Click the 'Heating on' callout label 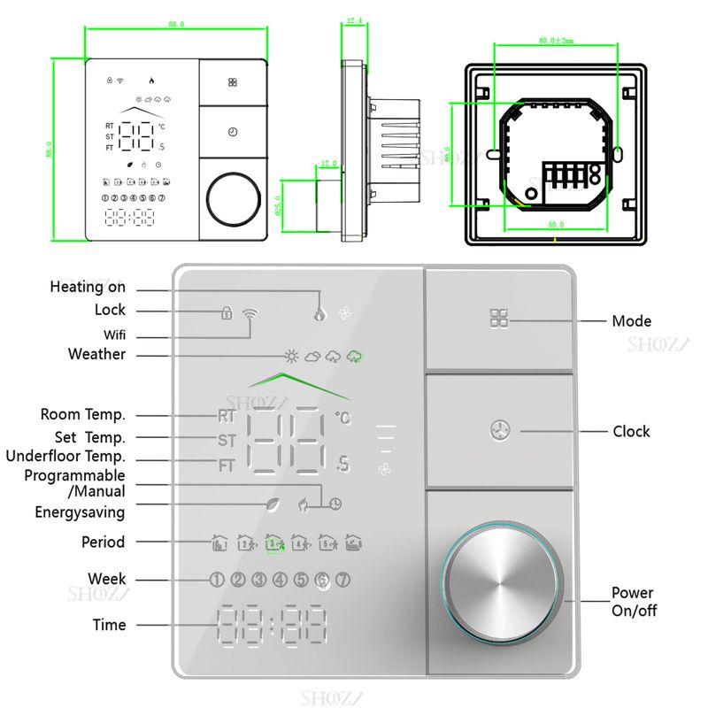point(88,287)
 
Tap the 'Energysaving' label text point(80,512)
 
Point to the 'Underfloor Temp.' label point(65,457)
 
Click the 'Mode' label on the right point(631,320)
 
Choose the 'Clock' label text point(631,431)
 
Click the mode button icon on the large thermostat point(499,319)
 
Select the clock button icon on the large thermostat point(499,431)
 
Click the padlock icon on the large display point(227,312)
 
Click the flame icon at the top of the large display point(319,312)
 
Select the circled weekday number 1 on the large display point(217,580)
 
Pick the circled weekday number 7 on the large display point(343,580)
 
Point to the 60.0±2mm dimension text point(556,40)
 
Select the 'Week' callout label point(107,579)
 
